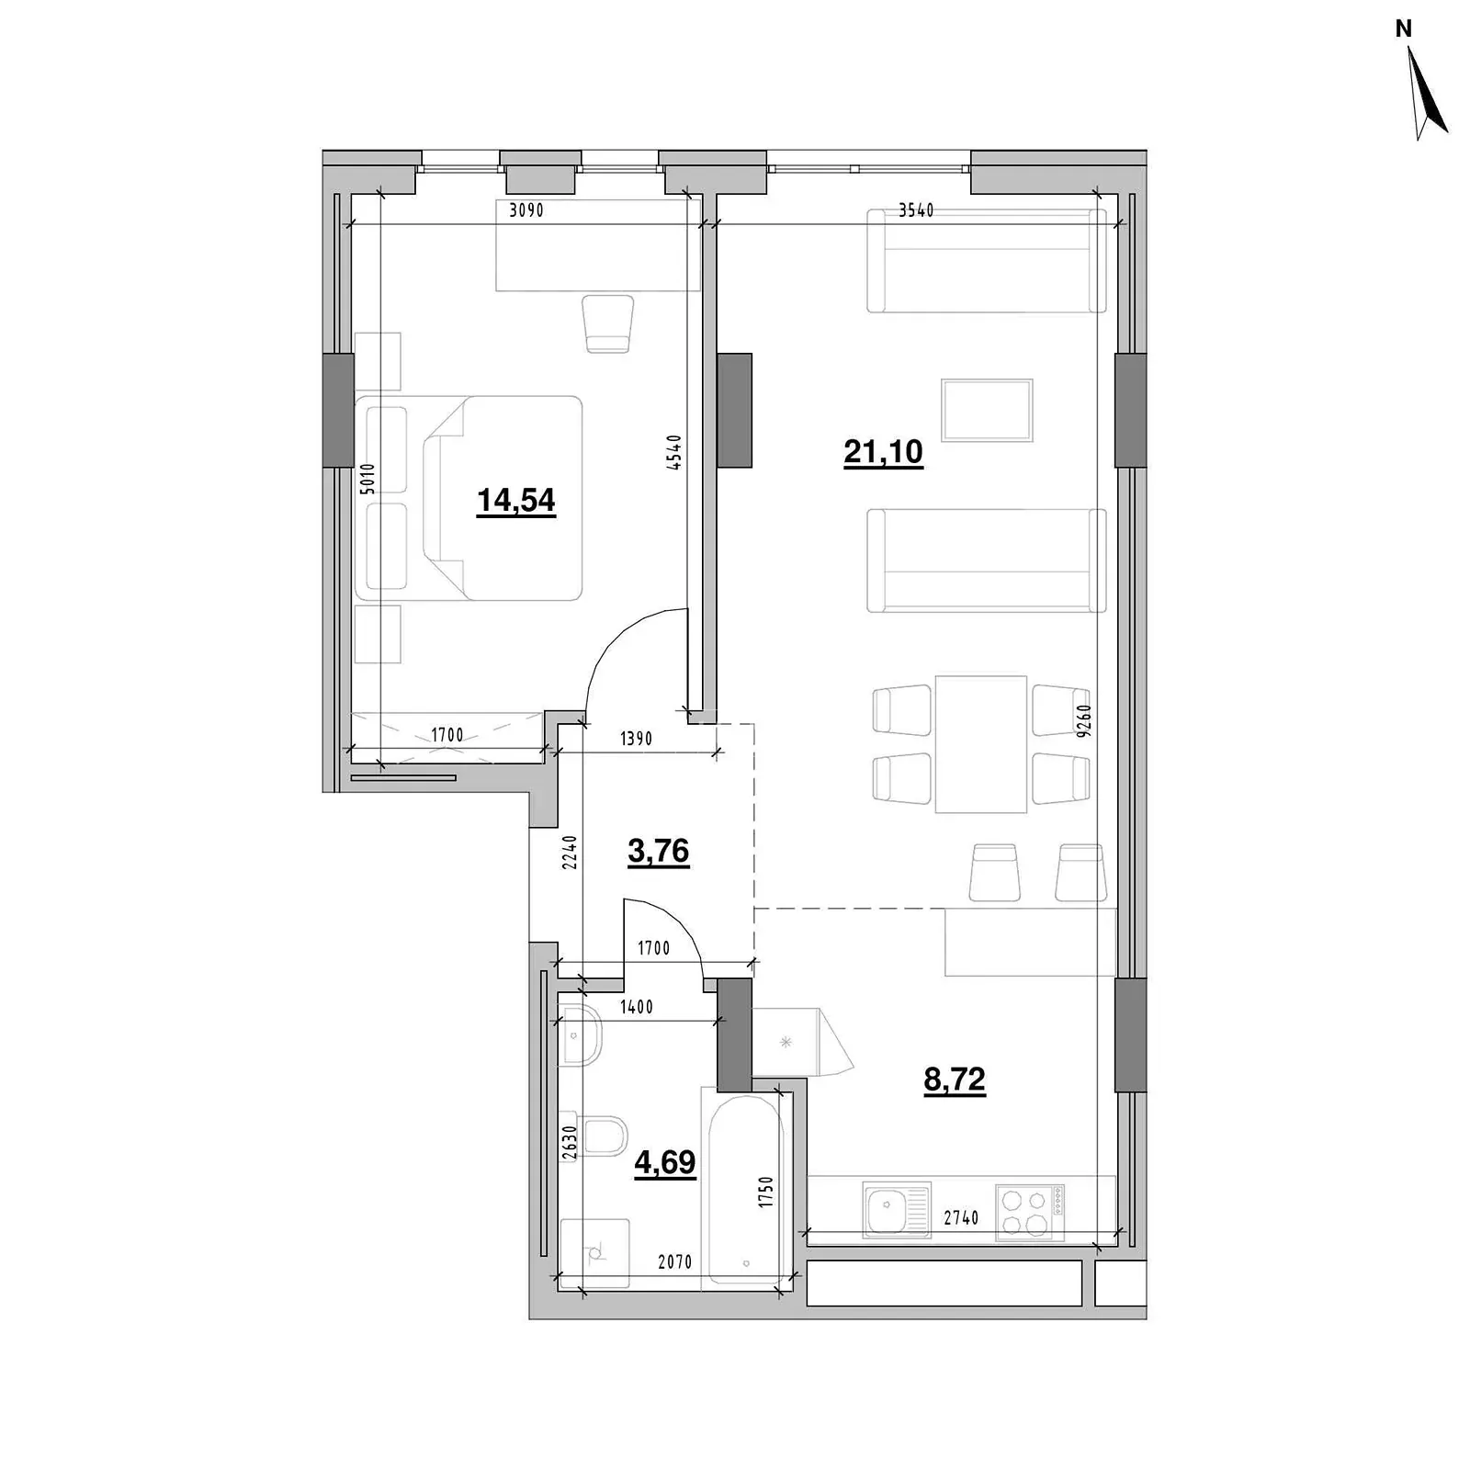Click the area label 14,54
pos(516,501)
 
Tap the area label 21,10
pos(883,452)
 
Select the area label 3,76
pos(659,852)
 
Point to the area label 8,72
pos(955,1080)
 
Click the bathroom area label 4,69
pos(665,1163)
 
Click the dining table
pos(981,744)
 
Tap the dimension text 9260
pos(1084,720)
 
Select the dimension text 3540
pos(916,210)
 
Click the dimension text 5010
pos(367,480)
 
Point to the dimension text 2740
pos(961,1218)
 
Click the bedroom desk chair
pos(608,323)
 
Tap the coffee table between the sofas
pos(987,410)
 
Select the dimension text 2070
pos(674,1262)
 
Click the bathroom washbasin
pos(580,1035)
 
